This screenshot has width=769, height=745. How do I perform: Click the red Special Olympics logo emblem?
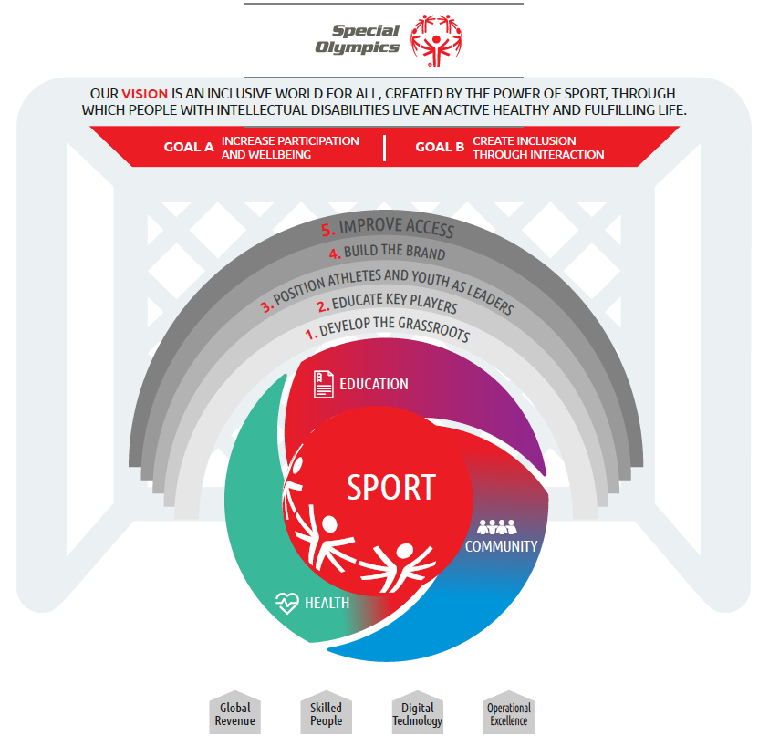click(x=436, y=40)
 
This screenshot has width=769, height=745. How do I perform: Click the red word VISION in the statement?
click(x=145, y=94)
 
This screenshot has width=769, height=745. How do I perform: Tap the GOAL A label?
click(x=189, y=147)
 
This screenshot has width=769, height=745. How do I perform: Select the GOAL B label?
click(x=440, y=147)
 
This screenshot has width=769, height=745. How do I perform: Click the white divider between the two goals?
click(x=385, y=148)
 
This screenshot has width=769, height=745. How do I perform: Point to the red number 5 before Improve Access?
click(x=328, y=230)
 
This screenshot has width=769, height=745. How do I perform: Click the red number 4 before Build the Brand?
click(x=335, y=254)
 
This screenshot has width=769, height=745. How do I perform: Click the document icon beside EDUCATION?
click(x=324, y=384)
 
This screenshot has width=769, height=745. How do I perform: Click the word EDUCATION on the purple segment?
click(x=374, y=384)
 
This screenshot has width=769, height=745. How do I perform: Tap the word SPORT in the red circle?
click(x=391, y=487)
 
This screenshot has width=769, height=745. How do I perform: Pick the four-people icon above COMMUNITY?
click(x=497, y=527)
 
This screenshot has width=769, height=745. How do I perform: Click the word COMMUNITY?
click(x=501, y=546)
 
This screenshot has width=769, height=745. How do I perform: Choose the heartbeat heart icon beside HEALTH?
click(x=287, y=603)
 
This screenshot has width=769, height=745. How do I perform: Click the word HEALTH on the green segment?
click(x=327, y=603)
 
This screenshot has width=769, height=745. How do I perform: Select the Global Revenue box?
click(x=235, y=712)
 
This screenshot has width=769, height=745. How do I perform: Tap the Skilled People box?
click(x=327, y=712)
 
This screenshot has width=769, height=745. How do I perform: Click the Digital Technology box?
click(x=418, y=712)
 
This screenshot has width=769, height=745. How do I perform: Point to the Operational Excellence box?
click(x=509, y=712)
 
